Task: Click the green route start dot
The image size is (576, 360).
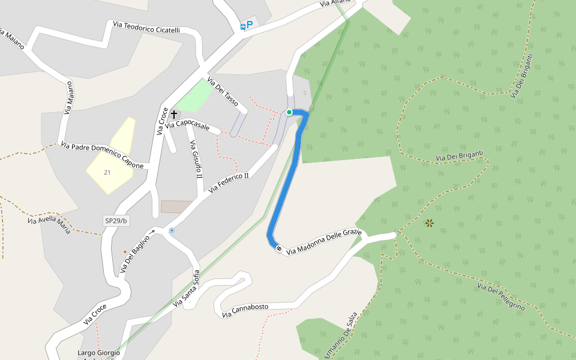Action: tap(289, 112)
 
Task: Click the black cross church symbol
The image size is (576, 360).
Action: tap(174, 113)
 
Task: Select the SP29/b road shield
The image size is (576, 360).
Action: tap(116, 221)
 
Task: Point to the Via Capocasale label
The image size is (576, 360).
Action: tap(188, 126)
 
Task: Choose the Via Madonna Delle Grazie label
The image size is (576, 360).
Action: tap(324, 241)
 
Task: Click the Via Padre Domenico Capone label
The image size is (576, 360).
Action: tap(102, 155)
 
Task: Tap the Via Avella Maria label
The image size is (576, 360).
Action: tap(49, 224)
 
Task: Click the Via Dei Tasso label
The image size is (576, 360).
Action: tap(222, 92)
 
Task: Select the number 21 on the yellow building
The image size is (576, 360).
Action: tap(107, 172)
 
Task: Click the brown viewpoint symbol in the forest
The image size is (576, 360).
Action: tap(430, 223)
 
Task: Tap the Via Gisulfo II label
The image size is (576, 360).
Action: tap(196, 160)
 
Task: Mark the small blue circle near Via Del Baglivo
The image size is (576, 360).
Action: tap(172, 230)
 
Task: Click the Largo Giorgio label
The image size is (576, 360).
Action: tap(99, 353)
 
